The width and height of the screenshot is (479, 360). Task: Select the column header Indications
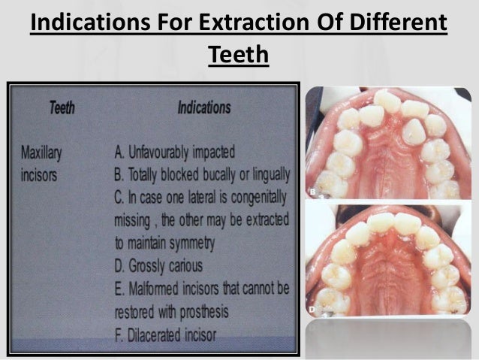coord(203,108)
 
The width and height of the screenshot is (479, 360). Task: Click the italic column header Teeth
coord(62,108)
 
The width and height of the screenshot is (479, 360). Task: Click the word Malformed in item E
coord(158,289)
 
